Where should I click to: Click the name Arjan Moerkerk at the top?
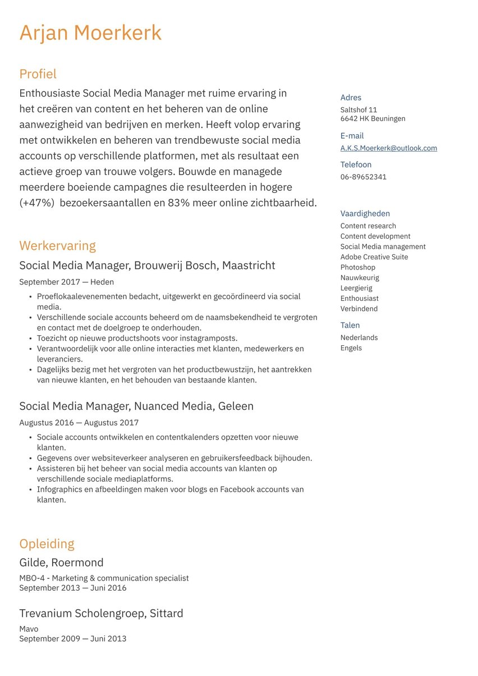(x=90, y=33)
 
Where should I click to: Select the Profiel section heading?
(x=38, y=74)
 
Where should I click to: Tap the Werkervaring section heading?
(x=57, y=246)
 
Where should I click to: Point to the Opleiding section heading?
(x=47, y=544)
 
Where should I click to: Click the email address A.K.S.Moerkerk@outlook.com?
(x=388, y=148)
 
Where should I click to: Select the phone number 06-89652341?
(x=363, y=177)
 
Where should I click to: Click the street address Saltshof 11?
(x=358, y=110)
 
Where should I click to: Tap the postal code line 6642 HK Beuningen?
(x=373, y=119)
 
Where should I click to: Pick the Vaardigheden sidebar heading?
(x=365, y=213)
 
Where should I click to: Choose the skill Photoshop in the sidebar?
(x=357, y=267)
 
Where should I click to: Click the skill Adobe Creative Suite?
(x=374, y=257)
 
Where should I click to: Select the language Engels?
(x=351, y=348)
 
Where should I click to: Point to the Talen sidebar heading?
(x=350, y=325)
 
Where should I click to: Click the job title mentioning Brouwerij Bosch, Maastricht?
(x=147, y=266)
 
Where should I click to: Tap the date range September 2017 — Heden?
(x=66, y=282)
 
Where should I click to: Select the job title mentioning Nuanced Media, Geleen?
(x=136, y=406)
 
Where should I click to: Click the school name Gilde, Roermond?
(x=61, y=563)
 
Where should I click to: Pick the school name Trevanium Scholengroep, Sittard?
(x=101, y=614)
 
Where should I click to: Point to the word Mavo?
(x=29, y=629)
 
